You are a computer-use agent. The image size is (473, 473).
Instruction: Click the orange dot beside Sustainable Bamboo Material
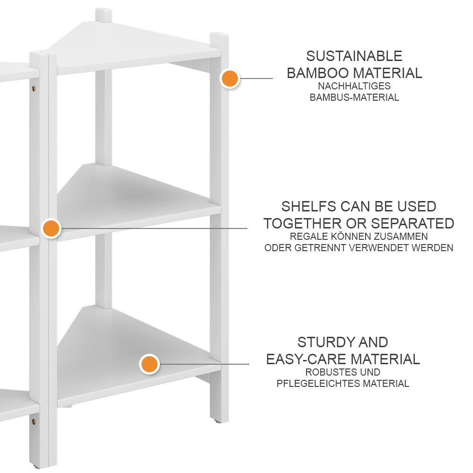pos(230,79)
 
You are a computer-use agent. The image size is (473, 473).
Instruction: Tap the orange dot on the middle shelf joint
pos(51,228)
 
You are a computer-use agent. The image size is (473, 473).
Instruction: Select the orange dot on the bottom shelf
pos(149,364)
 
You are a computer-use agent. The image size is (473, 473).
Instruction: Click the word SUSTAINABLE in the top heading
pos(354,56)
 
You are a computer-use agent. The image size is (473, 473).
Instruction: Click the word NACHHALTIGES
pos(354,86)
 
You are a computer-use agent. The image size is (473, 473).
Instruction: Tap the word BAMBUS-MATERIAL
pos(354,98)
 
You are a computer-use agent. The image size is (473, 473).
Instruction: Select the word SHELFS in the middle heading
pos(306,206)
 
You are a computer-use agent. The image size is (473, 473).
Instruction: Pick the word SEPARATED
pos(412,223)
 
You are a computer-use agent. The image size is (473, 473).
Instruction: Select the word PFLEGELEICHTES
pos(318,384)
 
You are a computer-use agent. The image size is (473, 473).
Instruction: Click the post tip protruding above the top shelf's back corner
pos(104,15)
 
